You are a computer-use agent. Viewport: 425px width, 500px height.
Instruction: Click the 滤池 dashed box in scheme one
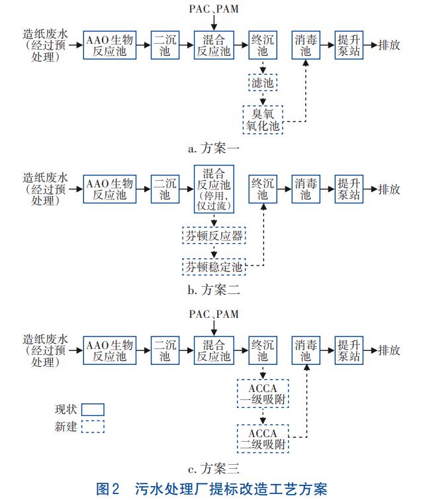pyautogui.click(x=263, y=83)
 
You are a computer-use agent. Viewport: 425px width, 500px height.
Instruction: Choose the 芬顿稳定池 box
pyautogui.click(x=213, y=267)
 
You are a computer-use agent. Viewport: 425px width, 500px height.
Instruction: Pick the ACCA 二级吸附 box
pyautogui.click(x=263, y=438)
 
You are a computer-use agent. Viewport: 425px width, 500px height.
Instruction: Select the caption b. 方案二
pyautogui.click(x=212, y=289)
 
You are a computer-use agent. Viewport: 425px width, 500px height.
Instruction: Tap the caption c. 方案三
pyautogui.click(x=212, y=470)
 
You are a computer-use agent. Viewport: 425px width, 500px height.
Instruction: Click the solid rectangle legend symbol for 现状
pyautogui.click(x=93, y=409)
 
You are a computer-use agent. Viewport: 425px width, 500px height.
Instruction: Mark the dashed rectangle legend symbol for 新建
pyautogui.click(x=93, y=426)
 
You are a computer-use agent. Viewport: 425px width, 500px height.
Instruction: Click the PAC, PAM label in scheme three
pyautogui.click(x=213, y=313)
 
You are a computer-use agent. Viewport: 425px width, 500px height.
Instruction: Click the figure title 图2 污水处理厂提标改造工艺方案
pyautogui.click(x=212, y=489)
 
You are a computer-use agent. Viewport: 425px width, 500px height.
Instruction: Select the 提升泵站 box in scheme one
pyautogui.click(x=348, y=45)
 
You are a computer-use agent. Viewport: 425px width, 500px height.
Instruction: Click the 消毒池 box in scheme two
pyautogui.click(x=305, y=189)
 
